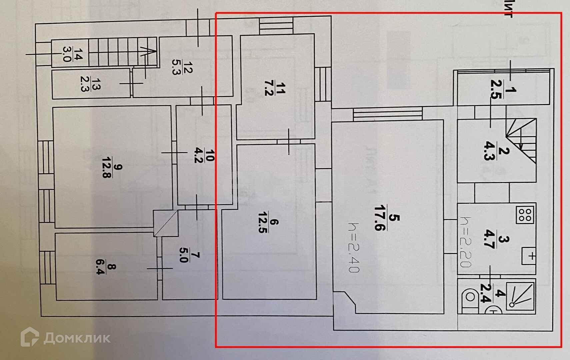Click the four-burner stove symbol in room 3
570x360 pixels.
coord(526,215)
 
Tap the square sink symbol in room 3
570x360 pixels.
coord(528,256)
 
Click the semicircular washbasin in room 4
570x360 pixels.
coord(494,310)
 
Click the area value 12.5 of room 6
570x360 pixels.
coord(263,222)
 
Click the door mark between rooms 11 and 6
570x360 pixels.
coord(289,141)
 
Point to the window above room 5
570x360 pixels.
coord(387,114)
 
